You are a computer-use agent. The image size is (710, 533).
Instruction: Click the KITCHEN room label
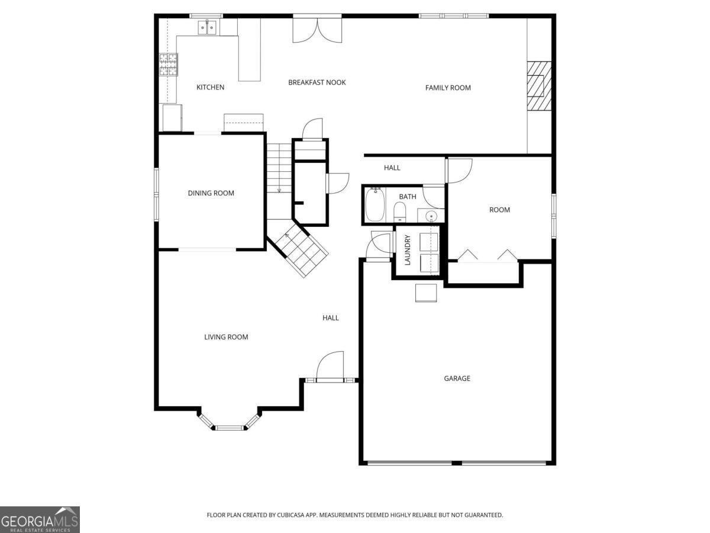pos(210,88)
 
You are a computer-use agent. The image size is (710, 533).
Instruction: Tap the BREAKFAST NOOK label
pos(317,82)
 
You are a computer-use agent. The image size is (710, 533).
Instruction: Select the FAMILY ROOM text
pos(448,88)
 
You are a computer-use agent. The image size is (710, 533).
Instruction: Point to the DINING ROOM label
pos(211,193)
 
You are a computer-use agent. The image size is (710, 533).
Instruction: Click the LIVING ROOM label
pos(226,337)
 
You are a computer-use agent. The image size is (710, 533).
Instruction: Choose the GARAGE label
pos(457,378)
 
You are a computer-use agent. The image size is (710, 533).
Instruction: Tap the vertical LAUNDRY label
pos(407,250)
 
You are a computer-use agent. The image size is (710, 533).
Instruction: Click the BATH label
pos(407,197)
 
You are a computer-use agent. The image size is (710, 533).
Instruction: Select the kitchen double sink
pos(207,27)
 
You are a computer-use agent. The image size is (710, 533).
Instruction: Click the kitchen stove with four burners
pos(168,65)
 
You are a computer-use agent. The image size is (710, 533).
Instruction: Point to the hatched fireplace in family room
pos(539,86)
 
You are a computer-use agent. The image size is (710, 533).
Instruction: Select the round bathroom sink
pos(431,216)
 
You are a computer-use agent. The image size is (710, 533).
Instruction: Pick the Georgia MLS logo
pos(40,519)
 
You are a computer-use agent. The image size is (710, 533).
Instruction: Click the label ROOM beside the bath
pos(499,210)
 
